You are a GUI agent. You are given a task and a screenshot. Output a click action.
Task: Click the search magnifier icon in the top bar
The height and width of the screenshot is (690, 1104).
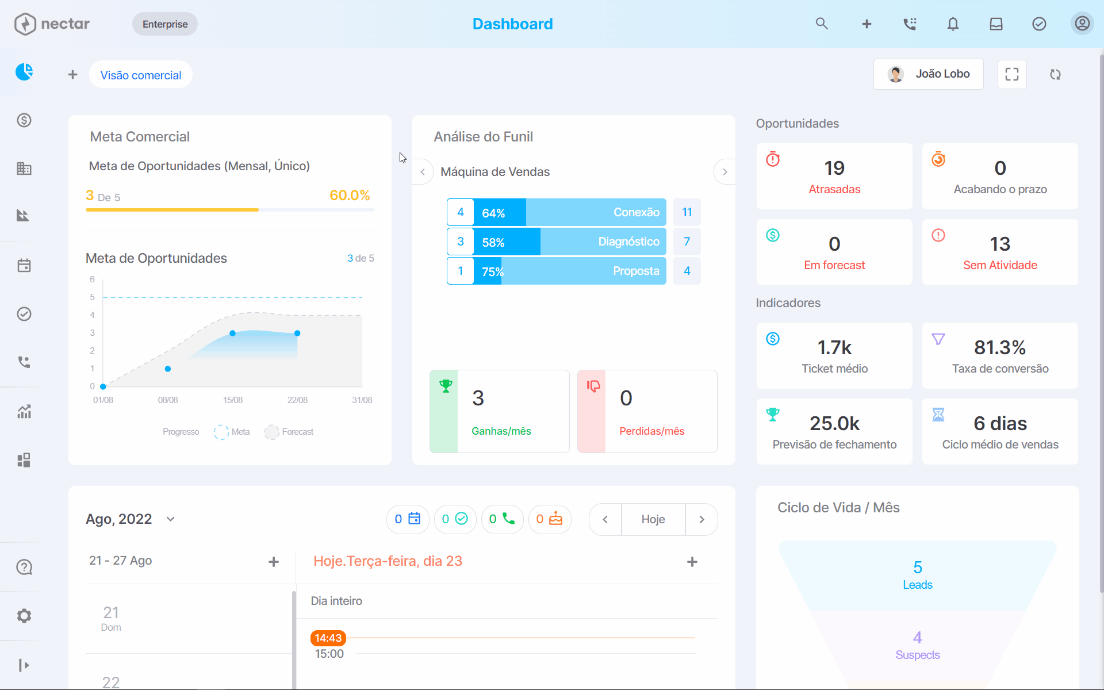822,24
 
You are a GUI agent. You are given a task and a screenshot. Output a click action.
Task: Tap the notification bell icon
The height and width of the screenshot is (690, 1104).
953,24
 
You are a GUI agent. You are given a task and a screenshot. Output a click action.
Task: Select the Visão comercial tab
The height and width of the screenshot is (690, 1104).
141,75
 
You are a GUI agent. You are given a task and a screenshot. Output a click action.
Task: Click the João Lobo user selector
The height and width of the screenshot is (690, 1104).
928,74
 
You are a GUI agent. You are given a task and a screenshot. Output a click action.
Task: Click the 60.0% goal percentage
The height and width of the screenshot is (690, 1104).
350,195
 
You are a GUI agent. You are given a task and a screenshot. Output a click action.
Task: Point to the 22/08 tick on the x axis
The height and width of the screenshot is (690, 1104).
297,400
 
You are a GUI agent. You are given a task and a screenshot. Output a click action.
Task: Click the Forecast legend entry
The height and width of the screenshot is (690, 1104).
289,432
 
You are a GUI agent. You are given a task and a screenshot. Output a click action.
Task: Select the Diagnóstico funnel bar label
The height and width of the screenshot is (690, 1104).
628,241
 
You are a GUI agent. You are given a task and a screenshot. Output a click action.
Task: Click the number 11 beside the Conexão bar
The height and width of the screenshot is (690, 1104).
687,212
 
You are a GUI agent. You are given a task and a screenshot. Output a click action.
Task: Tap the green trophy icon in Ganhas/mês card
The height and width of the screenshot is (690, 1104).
446,386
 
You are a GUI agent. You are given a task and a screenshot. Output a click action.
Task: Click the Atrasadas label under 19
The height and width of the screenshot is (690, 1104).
834,189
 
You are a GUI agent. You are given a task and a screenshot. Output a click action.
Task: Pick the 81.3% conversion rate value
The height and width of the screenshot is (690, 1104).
1000,347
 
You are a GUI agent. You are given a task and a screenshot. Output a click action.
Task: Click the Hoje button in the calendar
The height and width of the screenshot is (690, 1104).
653,519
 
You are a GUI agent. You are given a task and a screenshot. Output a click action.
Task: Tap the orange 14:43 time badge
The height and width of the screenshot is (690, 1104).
328,638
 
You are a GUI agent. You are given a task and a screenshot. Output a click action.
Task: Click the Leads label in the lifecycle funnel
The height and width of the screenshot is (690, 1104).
918,585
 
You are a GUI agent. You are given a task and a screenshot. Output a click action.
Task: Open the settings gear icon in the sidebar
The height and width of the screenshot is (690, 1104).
24,616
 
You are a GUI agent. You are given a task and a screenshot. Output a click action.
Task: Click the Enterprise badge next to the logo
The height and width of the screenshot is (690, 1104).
165,24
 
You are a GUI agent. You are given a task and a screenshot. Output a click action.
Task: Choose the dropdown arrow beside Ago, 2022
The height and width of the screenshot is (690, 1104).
170,519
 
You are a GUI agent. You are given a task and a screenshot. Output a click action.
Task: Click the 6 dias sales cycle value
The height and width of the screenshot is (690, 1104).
1000,423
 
